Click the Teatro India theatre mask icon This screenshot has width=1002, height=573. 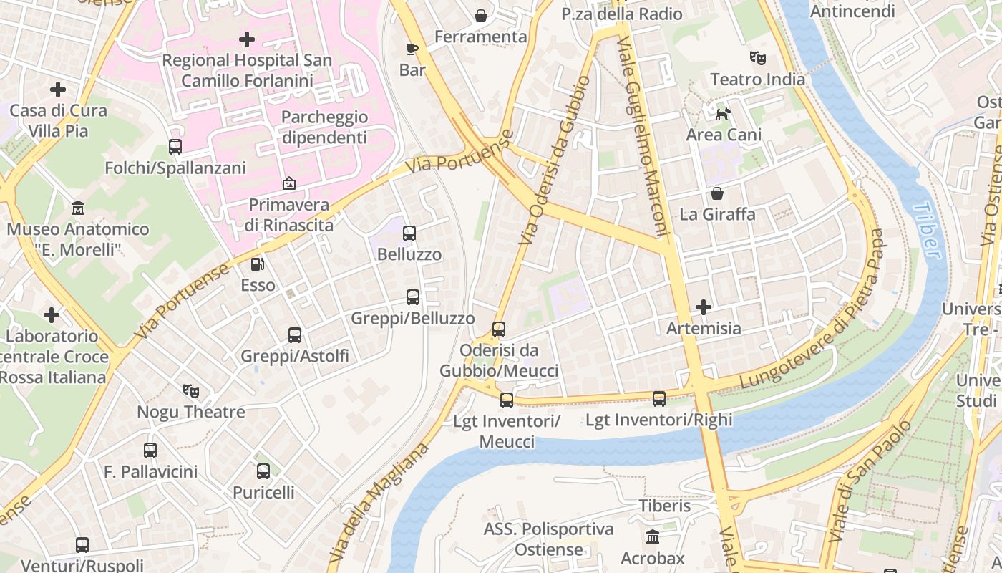[757, 57]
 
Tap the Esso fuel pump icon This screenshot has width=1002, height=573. [258, 264]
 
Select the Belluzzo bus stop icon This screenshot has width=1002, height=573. [409, 233]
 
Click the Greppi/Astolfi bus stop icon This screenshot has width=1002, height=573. [295, 334]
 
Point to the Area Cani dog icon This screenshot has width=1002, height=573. [724, 113]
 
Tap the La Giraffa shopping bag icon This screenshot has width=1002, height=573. [716, 193]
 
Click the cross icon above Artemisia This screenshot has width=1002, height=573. [704, 307]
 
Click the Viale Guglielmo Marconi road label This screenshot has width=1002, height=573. [646, 135]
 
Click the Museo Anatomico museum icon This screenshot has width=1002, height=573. [78, 208]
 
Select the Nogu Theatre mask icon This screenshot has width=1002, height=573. [190, 391]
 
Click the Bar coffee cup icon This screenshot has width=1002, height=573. [412, 49]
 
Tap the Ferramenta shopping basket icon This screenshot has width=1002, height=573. [481, 15]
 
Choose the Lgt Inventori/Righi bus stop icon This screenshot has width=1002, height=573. [659, 399]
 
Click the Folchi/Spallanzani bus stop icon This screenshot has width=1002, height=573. [175, 147]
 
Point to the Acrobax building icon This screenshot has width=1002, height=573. [652, 537]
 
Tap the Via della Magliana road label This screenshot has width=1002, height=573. [379, 501]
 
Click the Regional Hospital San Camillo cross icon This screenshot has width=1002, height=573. [247, 39]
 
